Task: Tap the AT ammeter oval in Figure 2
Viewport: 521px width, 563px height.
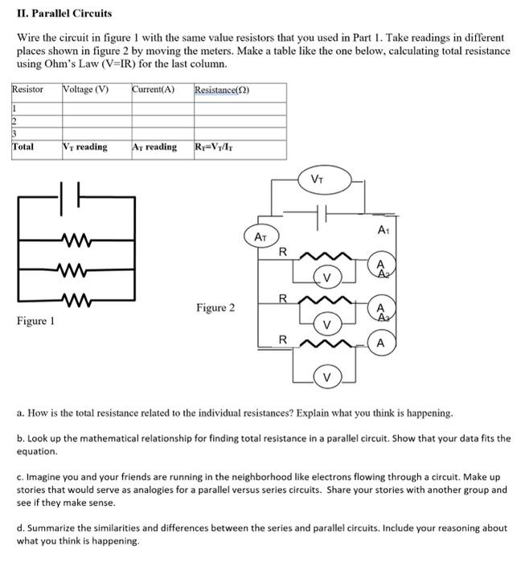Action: tap(260, 237)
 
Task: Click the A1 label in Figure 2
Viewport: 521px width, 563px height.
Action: tap(382, 230)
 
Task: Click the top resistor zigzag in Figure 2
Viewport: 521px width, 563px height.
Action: tap(325, 256)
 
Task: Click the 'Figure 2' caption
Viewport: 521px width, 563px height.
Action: tap(215, 308)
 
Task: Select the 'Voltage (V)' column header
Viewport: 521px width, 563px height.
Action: tap(85, 89)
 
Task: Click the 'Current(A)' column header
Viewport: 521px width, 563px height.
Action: tap(153, 89)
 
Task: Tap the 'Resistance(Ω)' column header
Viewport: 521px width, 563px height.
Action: tap(222, 89)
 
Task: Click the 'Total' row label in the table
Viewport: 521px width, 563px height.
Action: tap(23, 147)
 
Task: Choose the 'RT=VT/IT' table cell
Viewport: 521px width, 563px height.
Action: tap(216, 147)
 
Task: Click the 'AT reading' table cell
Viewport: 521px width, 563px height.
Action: tap(154, 147)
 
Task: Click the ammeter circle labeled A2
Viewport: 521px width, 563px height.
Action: tap(381, 268)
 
